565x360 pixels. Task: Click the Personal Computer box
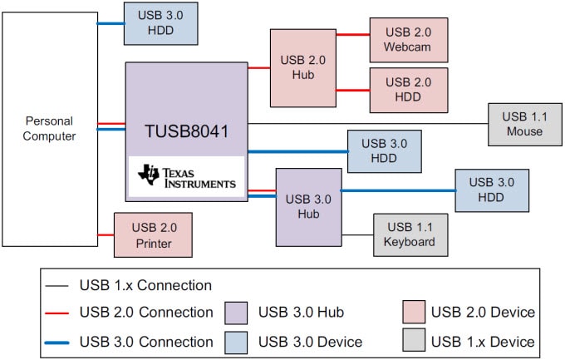[x=50, y=129]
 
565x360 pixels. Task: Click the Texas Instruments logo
[x=187, y=177]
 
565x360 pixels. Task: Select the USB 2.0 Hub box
[x=302, y=67]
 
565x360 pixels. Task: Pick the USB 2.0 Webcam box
[x=408, y=39]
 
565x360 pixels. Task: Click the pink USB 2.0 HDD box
[x=408, y=90]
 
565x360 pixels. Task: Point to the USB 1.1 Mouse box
[x=524, y=124]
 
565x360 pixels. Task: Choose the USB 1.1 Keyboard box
[x=410, y=234]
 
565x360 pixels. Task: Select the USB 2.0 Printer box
[x=154, y=234]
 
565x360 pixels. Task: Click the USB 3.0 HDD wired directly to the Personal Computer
[x=160, y=22]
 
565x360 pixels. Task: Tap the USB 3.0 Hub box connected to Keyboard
[x=308, y=207]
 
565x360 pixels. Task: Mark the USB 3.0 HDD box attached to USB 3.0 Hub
[x=492, y=190]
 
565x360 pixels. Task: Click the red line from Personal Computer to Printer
[x=106, y=234]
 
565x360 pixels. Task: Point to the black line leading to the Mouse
[x=366, y=124]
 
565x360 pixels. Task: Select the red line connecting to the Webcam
[x=353, y=36]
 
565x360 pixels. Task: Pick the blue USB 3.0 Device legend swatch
[x=237, y=341]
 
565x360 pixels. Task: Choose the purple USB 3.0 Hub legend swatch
[x=237, y=313]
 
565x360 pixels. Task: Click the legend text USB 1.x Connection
[x=145, y=285]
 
